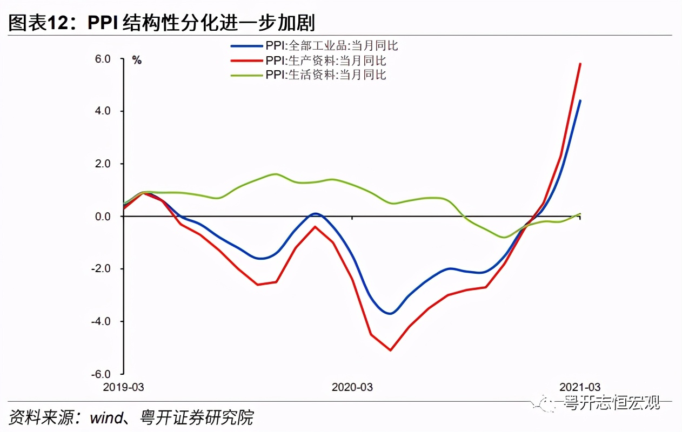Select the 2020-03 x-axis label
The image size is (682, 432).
coord(352,387)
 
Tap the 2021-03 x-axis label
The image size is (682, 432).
coord(580,387)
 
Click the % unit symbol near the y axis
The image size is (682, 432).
coord(137,60)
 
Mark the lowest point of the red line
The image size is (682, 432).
coord(390,350)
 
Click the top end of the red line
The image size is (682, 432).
coord(580,64)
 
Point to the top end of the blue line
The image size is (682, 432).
coord(580,100)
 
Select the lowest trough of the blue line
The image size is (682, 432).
coord(390,313)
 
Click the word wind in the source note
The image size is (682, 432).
coord(107,417)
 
